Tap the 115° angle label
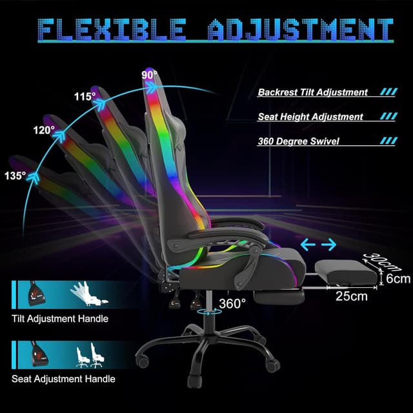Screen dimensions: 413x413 click(84, 96)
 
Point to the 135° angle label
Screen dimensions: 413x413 click(15, 175)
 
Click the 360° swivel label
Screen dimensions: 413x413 click(231, 303)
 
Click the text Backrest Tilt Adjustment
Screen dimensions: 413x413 click(313, 92)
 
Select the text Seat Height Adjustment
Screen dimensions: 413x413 click(310, 117)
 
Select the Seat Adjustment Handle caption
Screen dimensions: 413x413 click(63, 379)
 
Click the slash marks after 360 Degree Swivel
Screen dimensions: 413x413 click(388, 141)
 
